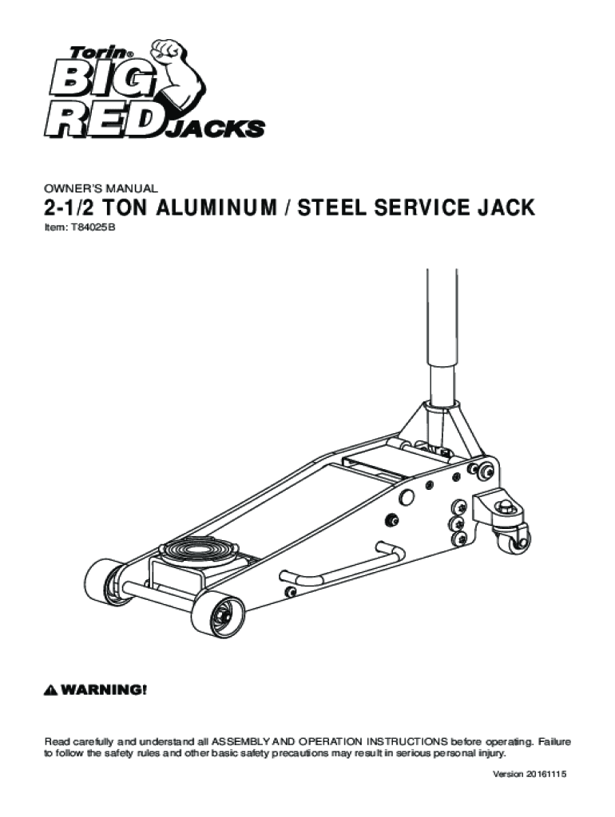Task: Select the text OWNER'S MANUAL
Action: pyautogui.click(x=100, y=188)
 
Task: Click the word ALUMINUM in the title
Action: pyautogui.click(x=216, y=207)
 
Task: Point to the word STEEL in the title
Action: pyautogui.click(x=331, y=207)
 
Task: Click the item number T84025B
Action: pyautogui.click(x=89, y=227)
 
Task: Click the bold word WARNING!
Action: pyautogui.click(x=104, y=690)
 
